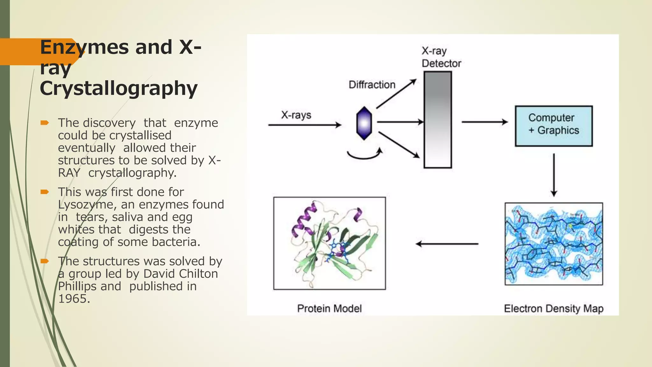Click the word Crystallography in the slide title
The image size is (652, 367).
click(x=118, y=88)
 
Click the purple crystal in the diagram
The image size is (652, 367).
click(x=364, y=123)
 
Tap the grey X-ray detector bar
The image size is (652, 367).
click(x=438, y=119)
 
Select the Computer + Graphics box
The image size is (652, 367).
click(x=554, y=126)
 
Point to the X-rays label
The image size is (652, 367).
click(x=296, y=115)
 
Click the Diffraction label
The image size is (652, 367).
click(x=372, y=85)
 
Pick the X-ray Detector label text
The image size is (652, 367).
click(x=441, y=57)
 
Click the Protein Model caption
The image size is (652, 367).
click(x=330, y=308)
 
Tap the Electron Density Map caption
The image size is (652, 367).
click(x=554, y=308)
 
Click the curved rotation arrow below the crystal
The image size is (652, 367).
click(x=364, y=155)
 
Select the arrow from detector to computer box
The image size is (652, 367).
click(x=485, y=122)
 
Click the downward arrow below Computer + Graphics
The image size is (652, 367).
click(x=554, y=175)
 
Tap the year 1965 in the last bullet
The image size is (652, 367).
click(x=74, y=299)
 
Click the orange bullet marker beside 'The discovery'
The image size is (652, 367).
click(x=45, y=123)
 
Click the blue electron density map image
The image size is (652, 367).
click(x=554, y=244)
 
